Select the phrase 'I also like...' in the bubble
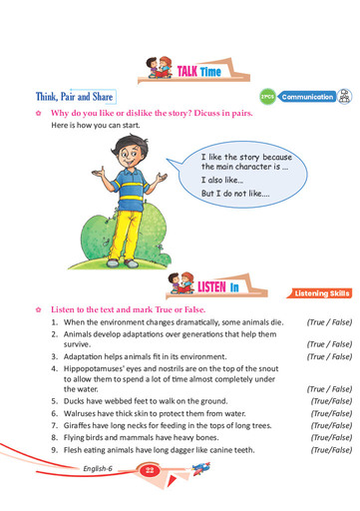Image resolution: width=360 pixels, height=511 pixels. (x=221, y=179)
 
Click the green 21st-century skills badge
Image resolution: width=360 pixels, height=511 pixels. (x=266, y=97)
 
